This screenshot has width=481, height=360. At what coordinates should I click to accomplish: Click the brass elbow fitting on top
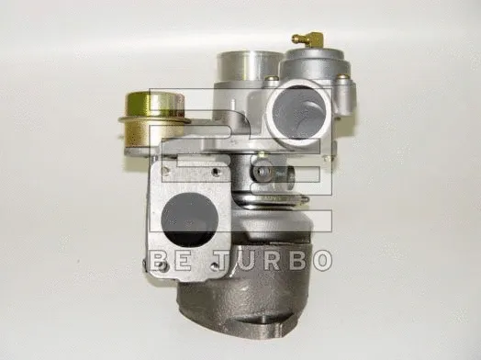tap(309, 40)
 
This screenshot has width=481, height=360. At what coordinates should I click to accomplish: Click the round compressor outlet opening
tap(299, 113)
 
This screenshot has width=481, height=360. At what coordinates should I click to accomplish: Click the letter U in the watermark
tap(247, 261)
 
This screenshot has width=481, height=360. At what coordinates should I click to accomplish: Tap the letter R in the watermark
tap(270, 261)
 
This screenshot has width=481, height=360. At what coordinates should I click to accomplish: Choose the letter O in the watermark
tap(321, 261)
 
